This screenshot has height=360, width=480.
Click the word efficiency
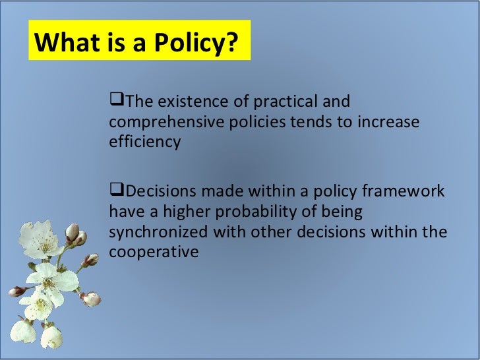click(144, 142)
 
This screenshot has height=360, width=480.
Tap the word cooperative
click(154, 252)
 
